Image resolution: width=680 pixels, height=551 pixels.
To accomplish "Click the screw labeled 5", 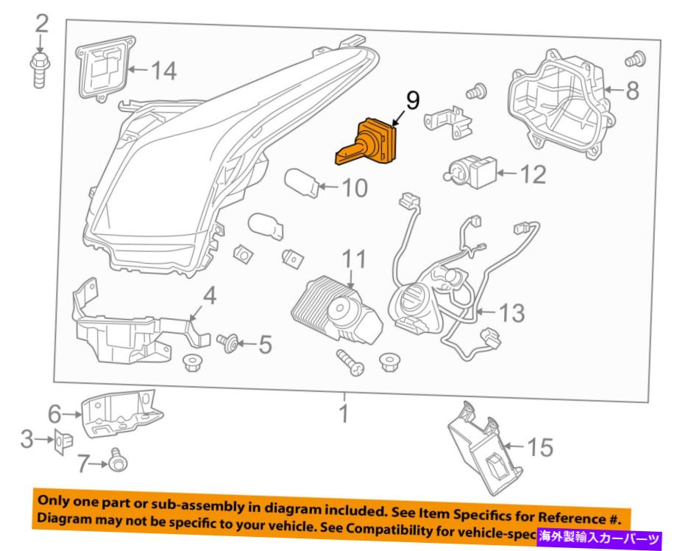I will click(x=227, y=341).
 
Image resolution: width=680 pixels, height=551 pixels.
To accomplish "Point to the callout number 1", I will click(x=344, y=414).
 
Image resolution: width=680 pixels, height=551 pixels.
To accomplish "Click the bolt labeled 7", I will click(x=117, y=461).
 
